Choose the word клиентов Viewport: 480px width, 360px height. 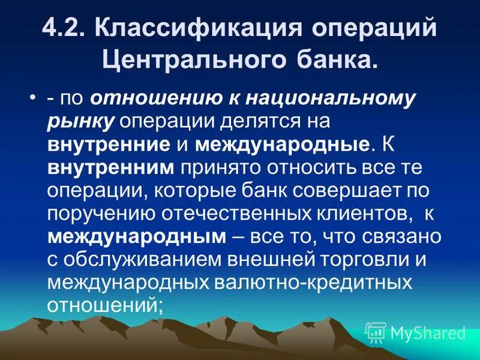(x=350, y=213)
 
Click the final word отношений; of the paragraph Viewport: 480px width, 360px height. (x=105, y=304)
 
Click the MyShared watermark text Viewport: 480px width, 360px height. (x=427, y=332)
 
